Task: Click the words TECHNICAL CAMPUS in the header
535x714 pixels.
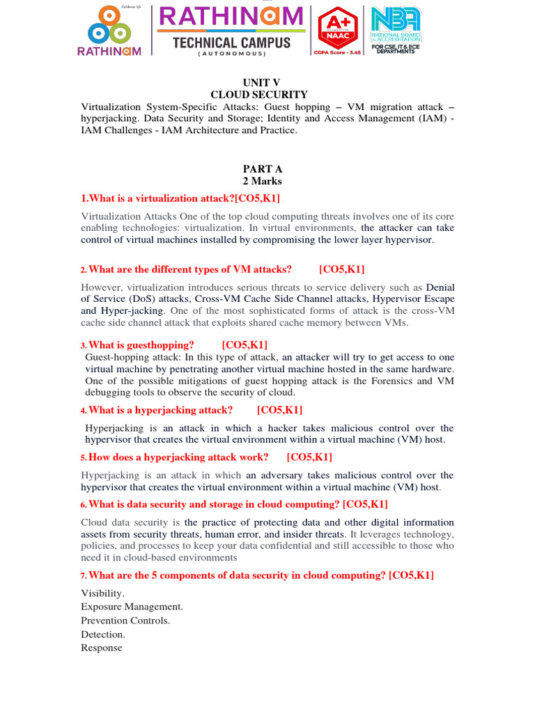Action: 232,43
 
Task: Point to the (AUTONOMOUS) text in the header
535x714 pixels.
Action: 231,54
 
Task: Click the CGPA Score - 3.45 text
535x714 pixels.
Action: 339,52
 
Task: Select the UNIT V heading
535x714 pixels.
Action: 261,82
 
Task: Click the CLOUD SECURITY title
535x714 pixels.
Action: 259,94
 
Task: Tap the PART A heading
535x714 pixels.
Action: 262,169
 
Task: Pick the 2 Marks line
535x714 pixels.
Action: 262,181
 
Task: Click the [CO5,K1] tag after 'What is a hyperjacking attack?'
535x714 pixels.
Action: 279,410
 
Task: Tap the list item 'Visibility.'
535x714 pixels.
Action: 102,593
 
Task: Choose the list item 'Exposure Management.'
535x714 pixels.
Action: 132,607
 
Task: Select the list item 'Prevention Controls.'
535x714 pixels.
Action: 125,621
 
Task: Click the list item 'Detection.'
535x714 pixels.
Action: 103,635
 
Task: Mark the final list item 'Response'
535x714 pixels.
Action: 102,648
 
